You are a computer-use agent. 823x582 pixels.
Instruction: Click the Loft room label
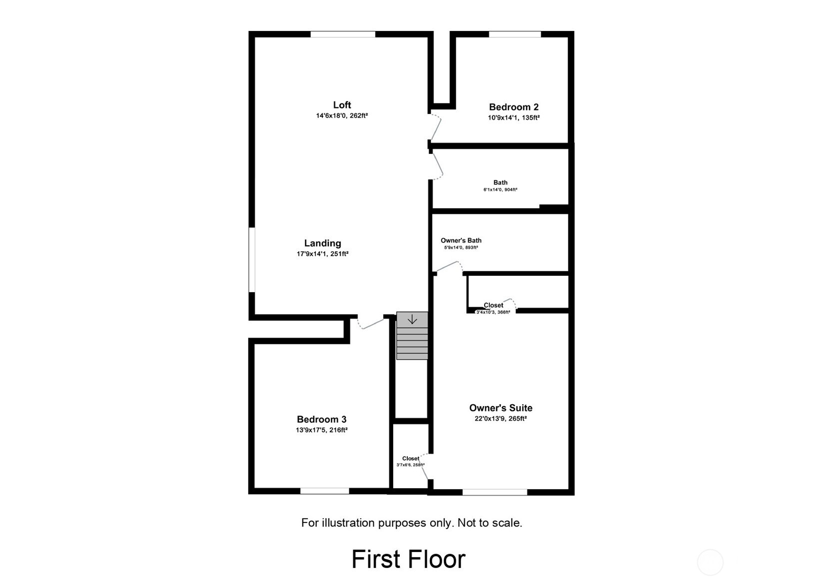[x=342, y=105]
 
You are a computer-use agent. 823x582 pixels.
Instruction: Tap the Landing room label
[x=322, y=243]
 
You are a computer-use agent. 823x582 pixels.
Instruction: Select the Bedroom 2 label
[x=513, y=107]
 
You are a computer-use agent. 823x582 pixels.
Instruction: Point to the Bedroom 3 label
[x=321, y=420]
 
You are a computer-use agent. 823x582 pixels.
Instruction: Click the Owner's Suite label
[x=500, y=408]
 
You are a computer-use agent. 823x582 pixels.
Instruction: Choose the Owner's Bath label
[x=461, y=240]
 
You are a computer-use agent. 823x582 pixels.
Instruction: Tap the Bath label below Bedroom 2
[x=500, y=182]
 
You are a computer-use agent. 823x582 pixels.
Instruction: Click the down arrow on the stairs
[x=412, y=319]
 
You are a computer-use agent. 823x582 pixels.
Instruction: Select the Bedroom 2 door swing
[x=436, y=127]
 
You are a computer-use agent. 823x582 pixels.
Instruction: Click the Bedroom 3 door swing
[x=370, y=324]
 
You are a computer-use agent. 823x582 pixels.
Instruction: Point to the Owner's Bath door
[x=448, y=266]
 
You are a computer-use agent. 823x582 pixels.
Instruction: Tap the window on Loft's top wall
[x=343, y=34]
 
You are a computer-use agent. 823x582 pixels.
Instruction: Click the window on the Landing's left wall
[x=252, y=260]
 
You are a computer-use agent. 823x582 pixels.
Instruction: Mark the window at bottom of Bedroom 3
[x=324, y=491]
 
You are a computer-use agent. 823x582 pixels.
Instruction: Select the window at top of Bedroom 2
[x=515, y=34]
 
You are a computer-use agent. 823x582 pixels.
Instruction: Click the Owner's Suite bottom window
[x=495, y=492]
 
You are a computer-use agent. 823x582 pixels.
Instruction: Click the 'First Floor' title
[x=408, y=559]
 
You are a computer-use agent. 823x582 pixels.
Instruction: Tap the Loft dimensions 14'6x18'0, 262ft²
[x=342, y=115]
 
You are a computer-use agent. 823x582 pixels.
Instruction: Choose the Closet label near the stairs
[x=411, y=458]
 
